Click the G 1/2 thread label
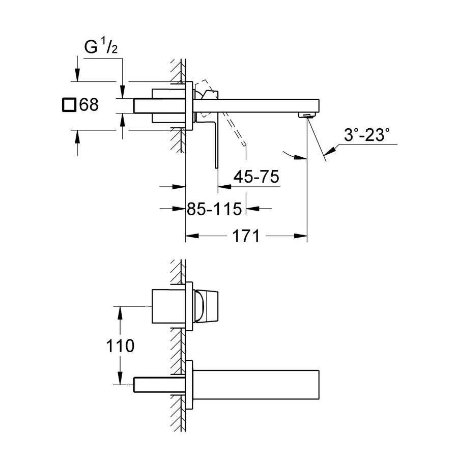[x=101, y=46]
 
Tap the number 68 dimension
[x=89, y=104]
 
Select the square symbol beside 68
[x=69, y=104]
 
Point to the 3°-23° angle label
[x=366, y=135]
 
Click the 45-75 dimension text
[x=256, y=177]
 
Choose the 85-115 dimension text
[x=214, y=209]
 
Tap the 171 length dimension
[x=246, y=236]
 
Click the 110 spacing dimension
[x=120, y=346]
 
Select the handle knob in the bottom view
[x=207, y=307]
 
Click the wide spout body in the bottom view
[x=256, y=385]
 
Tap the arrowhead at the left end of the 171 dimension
[x=192, y=236]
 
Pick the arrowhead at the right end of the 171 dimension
[x=301, y=236]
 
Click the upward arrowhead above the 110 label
[x=120, y=313]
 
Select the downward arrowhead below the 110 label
[x=120, y=378]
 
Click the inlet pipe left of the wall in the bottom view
[x=159, y=385]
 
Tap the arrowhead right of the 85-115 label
[x=252, y=209]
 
